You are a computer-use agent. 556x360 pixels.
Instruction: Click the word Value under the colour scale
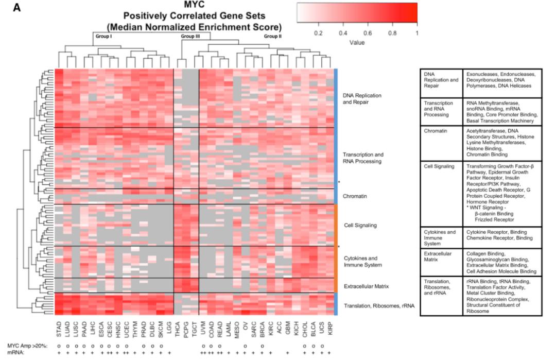point(357,42)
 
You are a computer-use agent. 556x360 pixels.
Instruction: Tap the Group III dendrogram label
point(190,37)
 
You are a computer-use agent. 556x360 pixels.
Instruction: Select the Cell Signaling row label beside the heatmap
point(360,226)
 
